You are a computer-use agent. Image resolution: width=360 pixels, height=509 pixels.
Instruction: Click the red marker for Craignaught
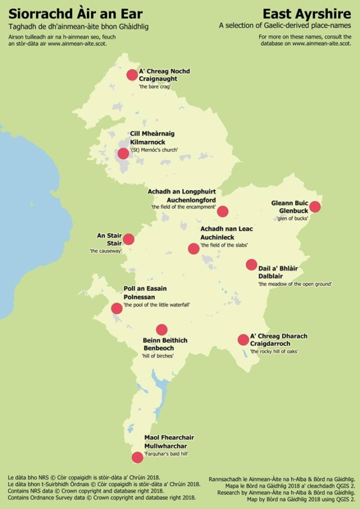[132, 75]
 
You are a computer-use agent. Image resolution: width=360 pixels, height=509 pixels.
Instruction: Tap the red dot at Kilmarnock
[123, 153]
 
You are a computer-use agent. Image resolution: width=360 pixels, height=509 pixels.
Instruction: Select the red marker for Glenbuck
[315, 207]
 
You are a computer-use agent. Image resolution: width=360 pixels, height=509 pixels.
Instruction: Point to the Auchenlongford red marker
[223, 211]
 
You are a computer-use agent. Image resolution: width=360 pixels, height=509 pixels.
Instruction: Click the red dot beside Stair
[128, 239]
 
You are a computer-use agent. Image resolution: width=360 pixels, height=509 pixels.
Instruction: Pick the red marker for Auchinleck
[193, 248]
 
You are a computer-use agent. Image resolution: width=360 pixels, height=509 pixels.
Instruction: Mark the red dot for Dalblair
[251, 265]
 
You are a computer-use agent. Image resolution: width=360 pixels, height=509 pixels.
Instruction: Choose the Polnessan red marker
[116, 309]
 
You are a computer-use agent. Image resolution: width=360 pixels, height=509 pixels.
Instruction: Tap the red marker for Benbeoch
[161, 330]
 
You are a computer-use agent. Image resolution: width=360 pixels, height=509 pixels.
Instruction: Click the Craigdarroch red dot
[243, 340]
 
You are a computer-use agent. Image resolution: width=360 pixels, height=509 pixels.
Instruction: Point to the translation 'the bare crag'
[155, 87]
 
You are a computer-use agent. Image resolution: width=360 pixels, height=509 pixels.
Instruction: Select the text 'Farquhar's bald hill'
[166, 455]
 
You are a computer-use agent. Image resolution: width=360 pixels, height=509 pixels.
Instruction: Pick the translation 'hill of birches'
[158, 356]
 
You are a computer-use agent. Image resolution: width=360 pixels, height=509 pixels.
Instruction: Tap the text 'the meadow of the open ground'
[295, 283]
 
